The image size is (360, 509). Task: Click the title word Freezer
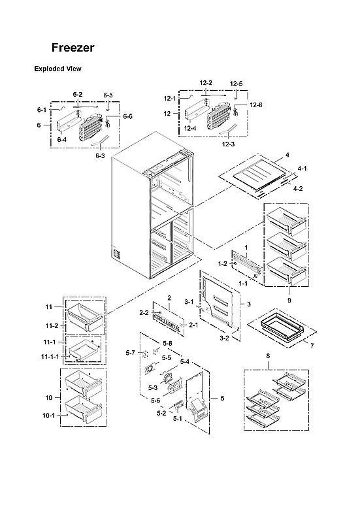[73, 48]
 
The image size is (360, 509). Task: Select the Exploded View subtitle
[57, 69]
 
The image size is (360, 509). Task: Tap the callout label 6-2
[78, 95]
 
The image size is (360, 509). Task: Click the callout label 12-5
[236, 84]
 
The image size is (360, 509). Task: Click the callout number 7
[312, 344]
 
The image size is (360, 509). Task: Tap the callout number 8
[267, 356]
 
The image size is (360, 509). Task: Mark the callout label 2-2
[143, 313]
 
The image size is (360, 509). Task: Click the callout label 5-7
[130, 353]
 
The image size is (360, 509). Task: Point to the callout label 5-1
[177, 419]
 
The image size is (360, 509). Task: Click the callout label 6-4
[62, 139]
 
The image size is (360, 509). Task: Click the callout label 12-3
[228, 144]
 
